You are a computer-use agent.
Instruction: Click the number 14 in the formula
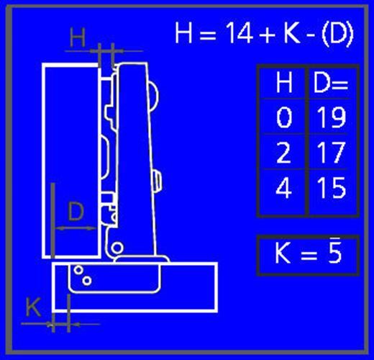[x=238, y=34]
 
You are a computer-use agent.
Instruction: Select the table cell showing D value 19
[x=330, y=117]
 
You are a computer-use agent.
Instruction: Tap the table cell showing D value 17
[x=330, y=153]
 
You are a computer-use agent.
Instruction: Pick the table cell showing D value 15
[x=330, y=189]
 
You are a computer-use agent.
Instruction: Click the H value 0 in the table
[x=284, y=117]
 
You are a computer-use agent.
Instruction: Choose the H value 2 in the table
[x=284, y=153]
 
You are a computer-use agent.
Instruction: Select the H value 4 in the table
[x=284, y=189]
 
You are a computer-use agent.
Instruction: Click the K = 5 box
[x=308, y=254]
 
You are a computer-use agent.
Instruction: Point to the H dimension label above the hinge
[x=78, y=38]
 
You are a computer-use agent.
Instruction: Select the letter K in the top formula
[x=292, y=34]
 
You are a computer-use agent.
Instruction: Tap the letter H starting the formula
[x=186, y=34]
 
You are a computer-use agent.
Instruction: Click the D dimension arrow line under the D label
[x=76, y=229]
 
